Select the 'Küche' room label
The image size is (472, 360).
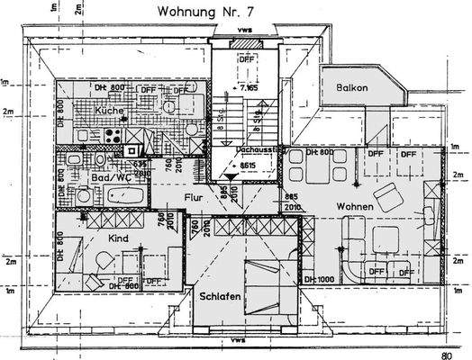pos(108,110)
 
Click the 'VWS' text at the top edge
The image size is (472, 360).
pos(236,30)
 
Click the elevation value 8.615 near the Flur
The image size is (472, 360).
pos(247,166)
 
